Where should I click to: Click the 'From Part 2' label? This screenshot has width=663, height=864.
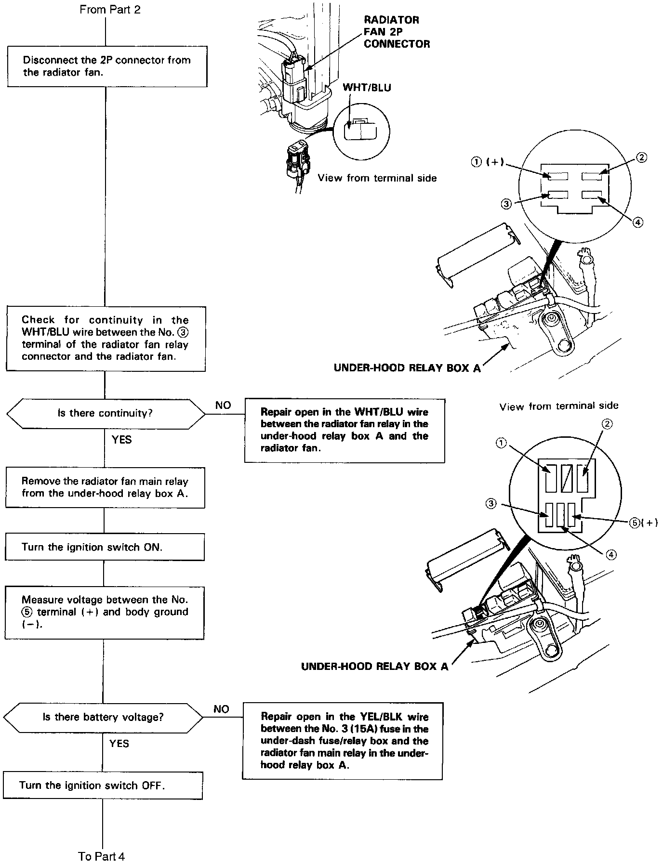pos(110,10)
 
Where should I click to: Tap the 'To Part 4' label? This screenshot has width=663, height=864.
pos(102,856)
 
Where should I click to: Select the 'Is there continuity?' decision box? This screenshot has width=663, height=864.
pos(105,413)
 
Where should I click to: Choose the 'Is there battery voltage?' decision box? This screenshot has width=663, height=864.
pos(103,717)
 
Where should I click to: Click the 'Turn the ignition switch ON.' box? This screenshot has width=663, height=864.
pos(105,547)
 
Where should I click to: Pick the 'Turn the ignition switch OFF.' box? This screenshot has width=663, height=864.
pos(103,785)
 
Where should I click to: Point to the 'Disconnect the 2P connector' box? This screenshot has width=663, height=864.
pos(107,66)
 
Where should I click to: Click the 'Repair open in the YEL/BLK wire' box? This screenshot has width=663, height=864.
pos(342,741)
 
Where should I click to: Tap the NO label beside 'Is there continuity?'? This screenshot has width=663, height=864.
pos(223,406)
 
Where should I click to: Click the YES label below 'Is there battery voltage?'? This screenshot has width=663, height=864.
pos(119,744)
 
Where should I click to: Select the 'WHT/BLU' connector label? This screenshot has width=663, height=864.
pos(367,88)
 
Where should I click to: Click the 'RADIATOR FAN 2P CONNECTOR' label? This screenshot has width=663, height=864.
pos(397,32)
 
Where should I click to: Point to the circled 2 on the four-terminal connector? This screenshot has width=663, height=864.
pos(641,157)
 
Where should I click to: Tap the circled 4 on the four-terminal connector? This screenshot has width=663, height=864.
pos(637,222)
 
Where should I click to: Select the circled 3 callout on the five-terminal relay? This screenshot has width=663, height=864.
pos(491,503)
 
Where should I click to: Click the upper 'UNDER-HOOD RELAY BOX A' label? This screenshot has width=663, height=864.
pos(407,368)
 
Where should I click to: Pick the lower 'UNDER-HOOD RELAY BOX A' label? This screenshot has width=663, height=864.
pos(374,667)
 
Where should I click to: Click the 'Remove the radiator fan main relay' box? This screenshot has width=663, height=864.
pos(105,487)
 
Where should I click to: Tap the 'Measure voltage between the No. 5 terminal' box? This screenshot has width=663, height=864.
pos(105,612)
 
